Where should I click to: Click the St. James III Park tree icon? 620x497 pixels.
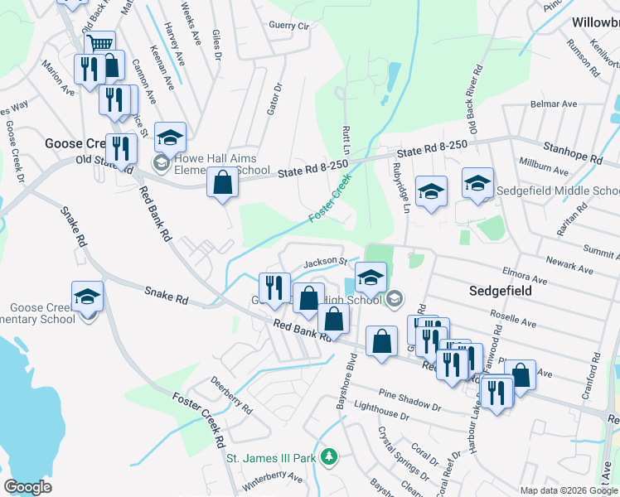[329, 456]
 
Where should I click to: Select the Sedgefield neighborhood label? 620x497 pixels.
[500, 292]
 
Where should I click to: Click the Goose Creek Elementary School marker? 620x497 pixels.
[88, 296]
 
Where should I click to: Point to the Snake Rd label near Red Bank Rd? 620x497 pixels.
[166, 293]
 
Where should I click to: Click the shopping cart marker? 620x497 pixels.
[99, 42]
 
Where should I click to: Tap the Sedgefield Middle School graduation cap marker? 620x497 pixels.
[477, 183]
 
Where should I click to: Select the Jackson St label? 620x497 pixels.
[324, 262]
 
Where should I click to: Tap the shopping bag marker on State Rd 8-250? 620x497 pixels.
[222, 181]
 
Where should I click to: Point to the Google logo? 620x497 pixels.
[27, 487]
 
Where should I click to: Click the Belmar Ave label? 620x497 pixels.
[554, 105]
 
